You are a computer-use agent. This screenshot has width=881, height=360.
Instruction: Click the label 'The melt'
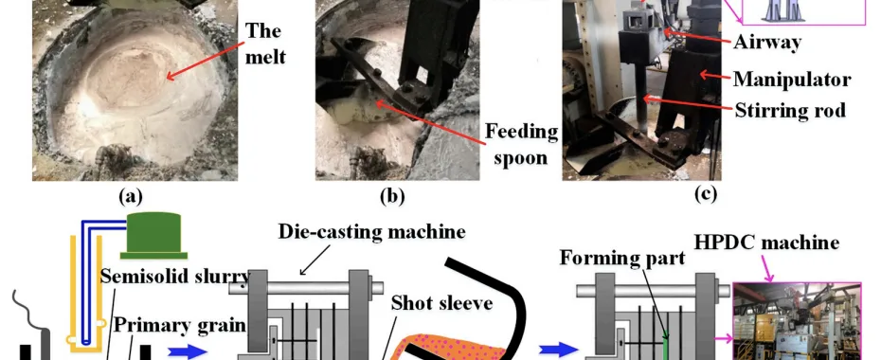tap(265, 44)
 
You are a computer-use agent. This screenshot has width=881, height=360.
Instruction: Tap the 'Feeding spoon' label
tap(521, 144)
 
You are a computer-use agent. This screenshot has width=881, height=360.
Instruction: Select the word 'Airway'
tap(767, 42)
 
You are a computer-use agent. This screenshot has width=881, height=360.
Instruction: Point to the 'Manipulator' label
tap(792, 80)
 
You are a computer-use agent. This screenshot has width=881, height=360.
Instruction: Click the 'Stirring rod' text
tap(791, 110)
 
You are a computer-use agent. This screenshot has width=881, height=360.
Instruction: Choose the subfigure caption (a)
tap(131, 195)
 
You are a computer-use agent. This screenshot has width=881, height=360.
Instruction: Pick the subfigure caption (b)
tap(392, 195)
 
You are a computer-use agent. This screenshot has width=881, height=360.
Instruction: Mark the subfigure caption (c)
tap(706, 194)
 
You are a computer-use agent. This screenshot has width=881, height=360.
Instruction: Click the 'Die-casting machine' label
tap(372, 231)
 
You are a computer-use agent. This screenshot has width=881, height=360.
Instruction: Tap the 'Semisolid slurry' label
tap(174, 277)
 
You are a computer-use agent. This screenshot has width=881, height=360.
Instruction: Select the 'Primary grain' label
tap(180, 325)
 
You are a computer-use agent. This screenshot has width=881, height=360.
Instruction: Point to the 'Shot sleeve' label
tap(441, 303)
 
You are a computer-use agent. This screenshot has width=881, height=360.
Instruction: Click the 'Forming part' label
tap(622, 258)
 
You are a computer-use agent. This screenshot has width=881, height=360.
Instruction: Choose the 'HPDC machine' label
tap(767, 243)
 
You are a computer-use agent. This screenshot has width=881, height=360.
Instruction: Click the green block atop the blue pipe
tap(153, 235)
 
